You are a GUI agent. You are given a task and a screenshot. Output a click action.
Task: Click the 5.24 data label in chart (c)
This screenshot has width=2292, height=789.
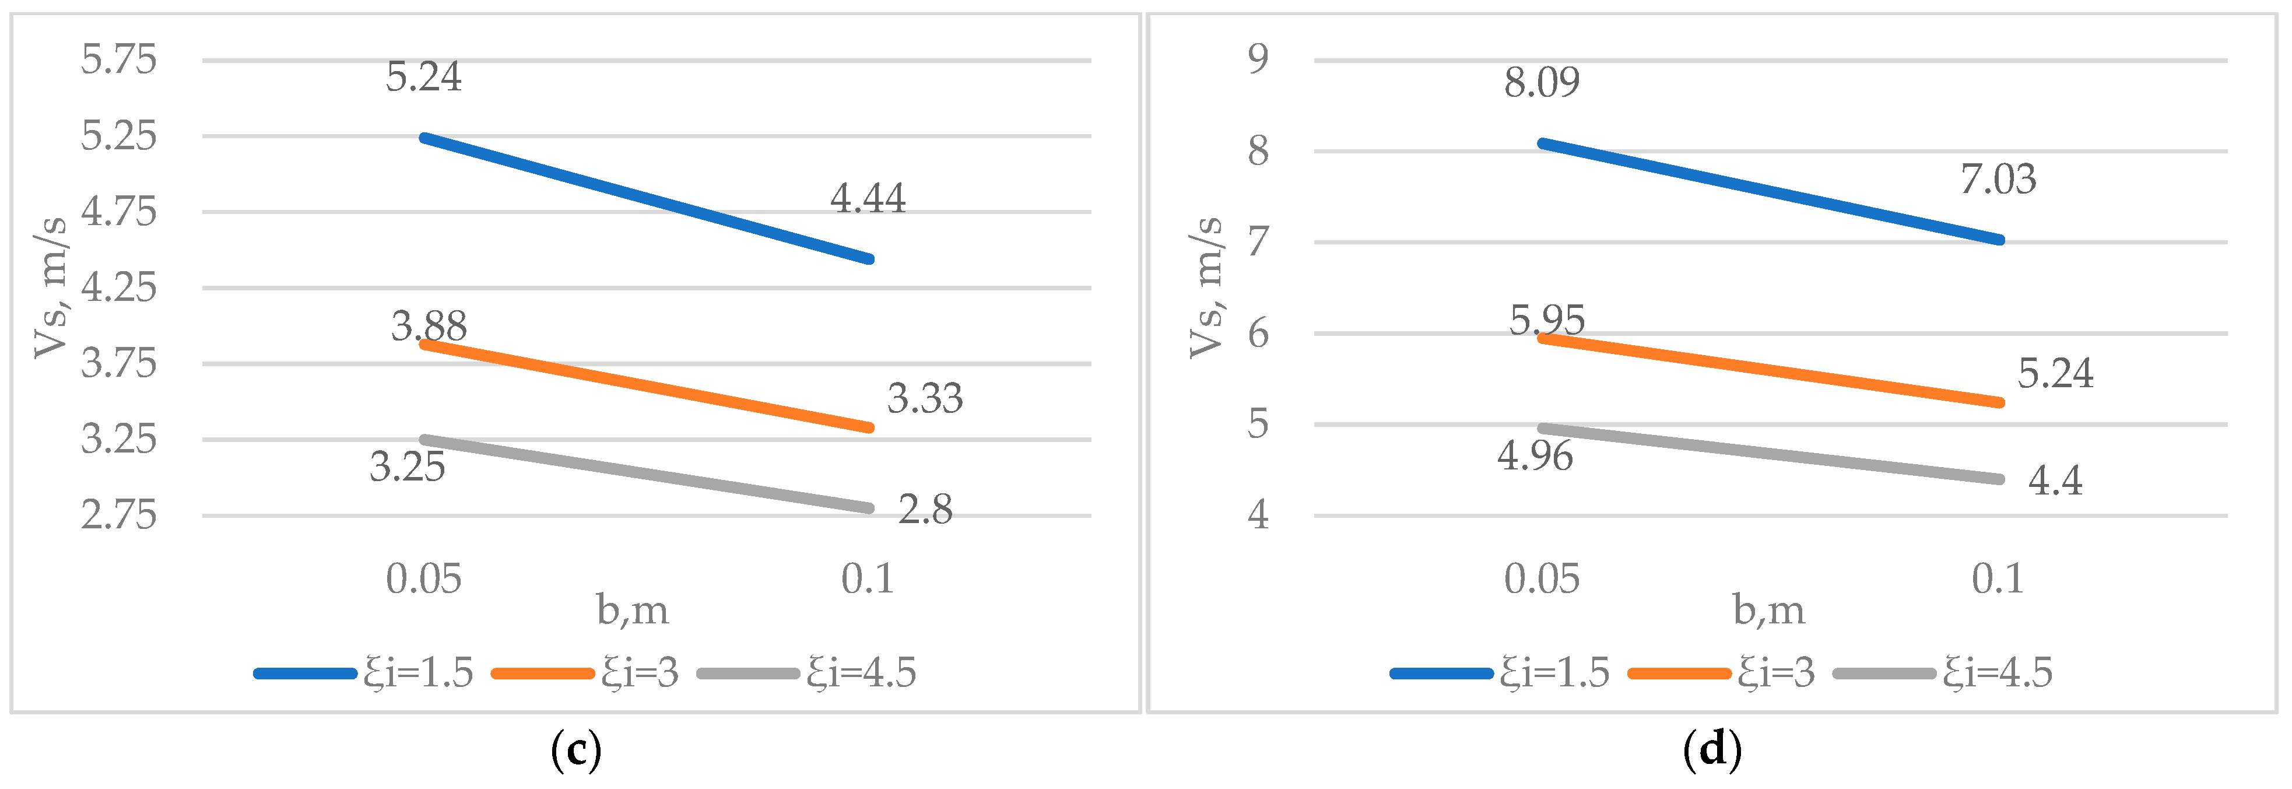(x=423, y=78)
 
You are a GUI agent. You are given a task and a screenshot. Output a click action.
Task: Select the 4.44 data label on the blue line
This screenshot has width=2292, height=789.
(x=868, y=198)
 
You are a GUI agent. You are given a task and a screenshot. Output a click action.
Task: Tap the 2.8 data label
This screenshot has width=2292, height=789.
(x=925, y=510)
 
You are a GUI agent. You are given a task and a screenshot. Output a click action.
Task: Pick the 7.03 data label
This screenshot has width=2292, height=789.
(x=1998, y=180)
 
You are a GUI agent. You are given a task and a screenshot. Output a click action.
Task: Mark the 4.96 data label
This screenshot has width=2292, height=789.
(x=1535, y=457)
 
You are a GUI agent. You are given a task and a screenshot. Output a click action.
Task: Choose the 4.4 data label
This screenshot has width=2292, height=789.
(x=2055, y=481)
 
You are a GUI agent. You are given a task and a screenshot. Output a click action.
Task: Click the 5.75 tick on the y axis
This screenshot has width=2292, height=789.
(x=118, y=59)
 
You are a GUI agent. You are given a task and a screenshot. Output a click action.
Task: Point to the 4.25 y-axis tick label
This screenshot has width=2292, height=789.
(x=118, y=287)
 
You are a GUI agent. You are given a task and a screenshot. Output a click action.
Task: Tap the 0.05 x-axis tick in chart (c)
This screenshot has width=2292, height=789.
(x=423, y=579)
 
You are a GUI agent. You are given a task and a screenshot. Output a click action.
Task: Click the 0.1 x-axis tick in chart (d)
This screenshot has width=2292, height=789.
(x=1998, y=579)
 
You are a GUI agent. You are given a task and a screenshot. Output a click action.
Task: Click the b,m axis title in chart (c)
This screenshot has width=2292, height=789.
(x=633, y=610)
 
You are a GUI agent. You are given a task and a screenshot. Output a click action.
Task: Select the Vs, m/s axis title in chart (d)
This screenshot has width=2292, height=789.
(x=1206, y=287)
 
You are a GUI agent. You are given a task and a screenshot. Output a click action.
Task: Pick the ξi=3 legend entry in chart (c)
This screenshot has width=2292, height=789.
(x=585, y=672)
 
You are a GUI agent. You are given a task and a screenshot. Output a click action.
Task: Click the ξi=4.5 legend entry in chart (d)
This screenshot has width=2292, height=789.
(x=1943, y=672)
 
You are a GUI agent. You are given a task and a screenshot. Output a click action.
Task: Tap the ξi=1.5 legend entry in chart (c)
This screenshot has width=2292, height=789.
(x=363, y=672)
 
